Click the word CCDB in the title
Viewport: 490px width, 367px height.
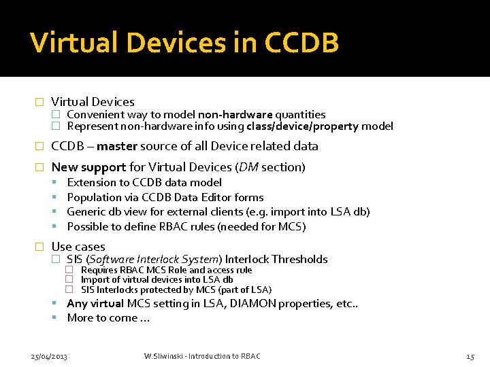coord(301,43)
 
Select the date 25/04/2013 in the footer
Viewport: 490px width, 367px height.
coord(49,356)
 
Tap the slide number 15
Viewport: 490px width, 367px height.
coord(470,356)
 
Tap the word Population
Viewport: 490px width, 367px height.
coord(94,197)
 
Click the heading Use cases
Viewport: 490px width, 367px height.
coord(78,247)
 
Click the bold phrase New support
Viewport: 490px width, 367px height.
coord(88,167)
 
